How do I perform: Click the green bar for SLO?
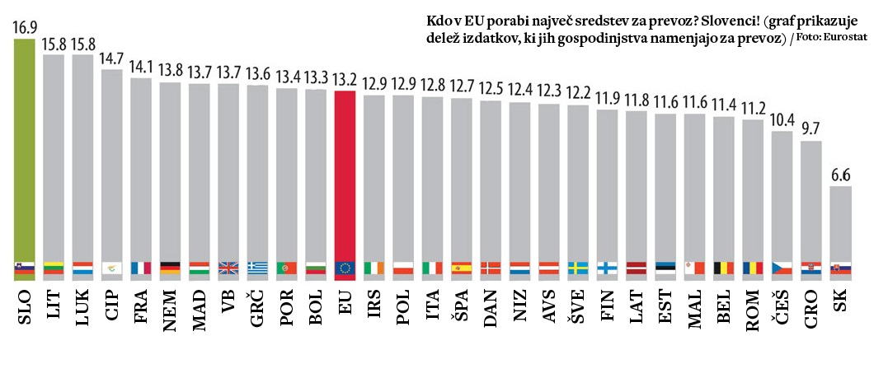tap(25, 148)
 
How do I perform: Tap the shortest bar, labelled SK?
tap(840, 222)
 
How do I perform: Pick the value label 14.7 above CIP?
tap(112, 59)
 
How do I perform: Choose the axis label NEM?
tap(171, 310)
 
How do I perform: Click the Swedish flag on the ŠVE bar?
tap(579, 268)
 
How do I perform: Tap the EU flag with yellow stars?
tap(345, 268)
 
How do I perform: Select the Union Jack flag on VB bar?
tap(229, 268)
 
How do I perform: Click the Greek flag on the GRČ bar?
tap(258, 268)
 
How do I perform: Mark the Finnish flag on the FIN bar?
tap(608, 268)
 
